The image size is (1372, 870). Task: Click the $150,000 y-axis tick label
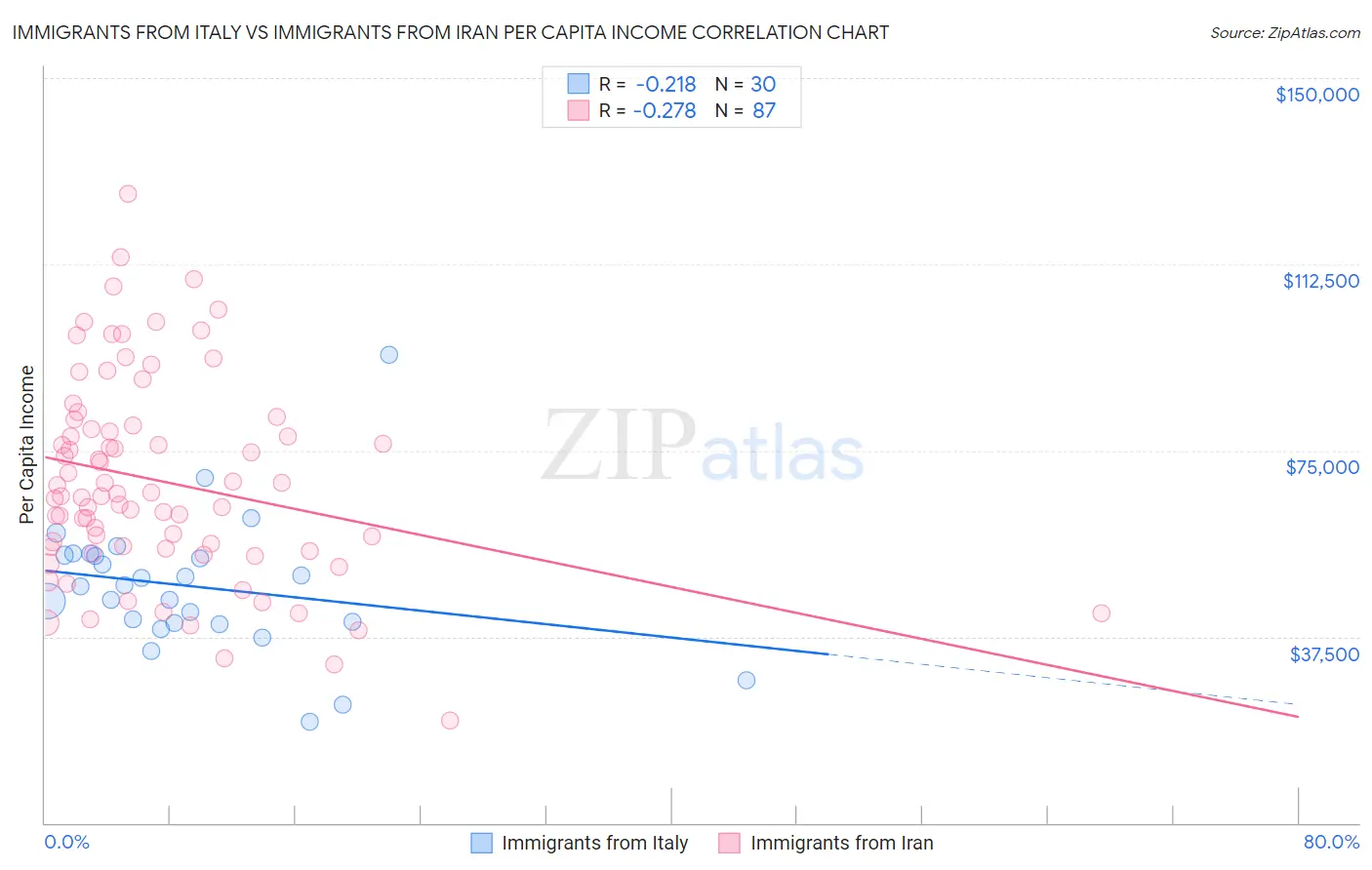pyautogui.click(x=1316, y=95)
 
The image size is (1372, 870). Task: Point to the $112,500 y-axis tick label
pyautogui.click(x=1320, y=281)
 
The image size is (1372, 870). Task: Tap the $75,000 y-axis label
pyautogui.click(x=1322, y=467)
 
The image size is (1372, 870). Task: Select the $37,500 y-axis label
pyautogui.click(x=1324, y=654)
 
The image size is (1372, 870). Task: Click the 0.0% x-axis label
pyautogui.click(x=67, y=842)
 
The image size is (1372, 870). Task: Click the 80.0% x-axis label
pyautogui.click(x=1331, y=842)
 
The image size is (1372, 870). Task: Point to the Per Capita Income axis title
pyautogui.click(x=26, y=444)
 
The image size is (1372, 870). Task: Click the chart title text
pyautogui.click(x=450, y=32)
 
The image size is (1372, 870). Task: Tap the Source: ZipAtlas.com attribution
pyautogui.click(x=1284, y=32)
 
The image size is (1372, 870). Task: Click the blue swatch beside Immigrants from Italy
pyautogui.click(x=481, y=843)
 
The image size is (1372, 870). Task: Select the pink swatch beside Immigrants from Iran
pyautogui.click(x=729, y=843)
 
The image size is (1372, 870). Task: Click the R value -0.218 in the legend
pyautogui.click(x=665, y=85)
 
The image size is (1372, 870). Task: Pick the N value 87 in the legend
pyautogui.click(x=763, y=111)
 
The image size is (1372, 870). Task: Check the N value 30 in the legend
pyautogui.click(x=763, y=85)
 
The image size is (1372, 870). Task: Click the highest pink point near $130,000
pyautogui.click(x=128, y=193)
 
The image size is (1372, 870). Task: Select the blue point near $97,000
pyautogui.click(x=389, y=355)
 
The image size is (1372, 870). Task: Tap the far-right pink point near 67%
pyautogui.click(x=1102, y=613)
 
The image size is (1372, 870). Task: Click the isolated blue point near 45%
pyautogui.click(x=747, y=680)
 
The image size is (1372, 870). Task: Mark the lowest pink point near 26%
pyautogui.click(x=450, y=721)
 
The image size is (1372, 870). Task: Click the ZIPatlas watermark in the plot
pyautogui.click(x=703, y=447)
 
